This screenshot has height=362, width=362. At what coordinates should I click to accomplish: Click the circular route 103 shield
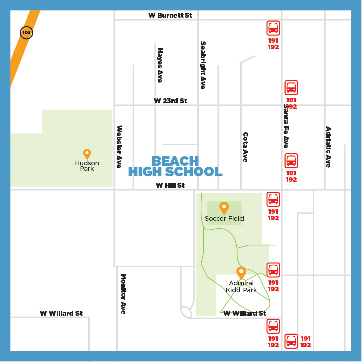click(26, 33)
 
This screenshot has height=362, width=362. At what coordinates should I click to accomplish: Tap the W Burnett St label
click(170, 15)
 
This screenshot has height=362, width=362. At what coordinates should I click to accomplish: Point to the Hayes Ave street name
click(160, 65)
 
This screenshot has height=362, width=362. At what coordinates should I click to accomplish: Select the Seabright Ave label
click(203, 65)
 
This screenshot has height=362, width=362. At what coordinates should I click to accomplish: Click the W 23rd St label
click(170, 101)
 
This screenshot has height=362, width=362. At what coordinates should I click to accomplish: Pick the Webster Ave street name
click(119, 147)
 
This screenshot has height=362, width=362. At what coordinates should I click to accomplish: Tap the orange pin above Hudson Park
click(87, 154)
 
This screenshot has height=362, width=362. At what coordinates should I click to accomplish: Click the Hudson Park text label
click(87, 166)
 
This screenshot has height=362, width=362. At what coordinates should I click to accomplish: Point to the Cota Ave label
click(245, 147)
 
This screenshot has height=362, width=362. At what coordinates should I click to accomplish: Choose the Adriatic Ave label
click(328, 147)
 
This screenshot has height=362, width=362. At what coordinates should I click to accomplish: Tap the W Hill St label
click(170, 185)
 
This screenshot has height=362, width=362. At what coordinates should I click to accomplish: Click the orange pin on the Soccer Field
click(224, 207)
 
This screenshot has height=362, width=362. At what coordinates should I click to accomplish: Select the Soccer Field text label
click(224, 218)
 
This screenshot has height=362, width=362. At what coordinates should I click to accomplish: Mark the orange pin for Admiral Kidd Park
click(241, 272)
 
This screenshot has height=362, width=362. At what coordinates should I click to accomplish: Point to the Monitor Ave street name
click(123, 294)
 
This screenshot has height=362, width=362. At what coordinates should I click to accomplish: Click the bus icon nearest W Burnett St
click(273, 28)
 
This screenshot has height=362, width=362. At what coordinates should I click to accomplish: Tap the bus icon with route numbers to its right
click(291, 341)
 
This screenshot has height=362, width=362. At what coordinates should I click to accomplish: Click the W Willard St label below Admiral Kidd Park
click(245, 313)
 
